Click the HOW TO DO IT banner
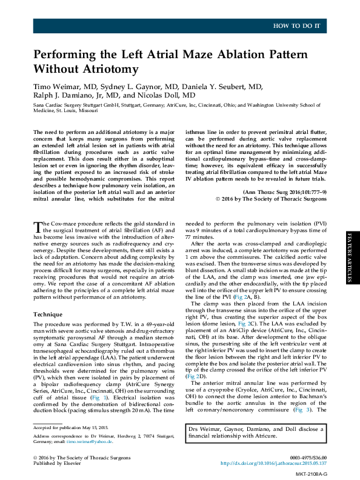coord(300,25)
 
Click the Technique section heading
coord(48,315)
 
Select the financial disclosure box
coord(256,432)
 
